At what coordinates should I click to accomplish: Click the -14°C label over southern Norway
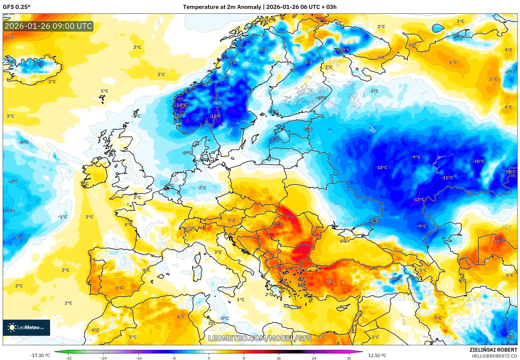pos(181,105)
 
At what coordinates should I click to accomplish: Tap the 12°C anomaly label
pos(278,224)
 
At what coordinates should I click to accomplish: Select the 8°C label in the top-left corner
pos(10,37)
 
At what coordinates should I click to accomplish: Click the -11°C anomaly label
pos(447,178)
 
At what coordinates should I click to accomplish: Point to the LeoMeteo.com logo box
pos(26,327)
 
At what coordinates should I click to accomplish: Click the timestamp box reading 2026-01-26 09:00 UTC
pos(48,26)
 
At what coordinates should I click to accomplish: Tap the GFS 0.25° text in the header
pos(16,7)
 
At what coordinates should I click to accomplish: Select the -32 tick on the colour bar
pos(68,358)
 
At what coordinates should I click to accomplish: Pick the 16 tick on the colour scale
pos(279,358)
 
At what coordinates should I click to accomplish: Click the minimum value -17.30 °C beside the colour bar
pos(40,355)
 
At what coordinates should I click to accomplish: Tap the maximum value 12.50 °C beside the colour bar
pos(377,355)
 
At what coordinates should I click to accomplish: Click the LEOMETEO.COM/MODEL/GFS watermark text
pos(260,338)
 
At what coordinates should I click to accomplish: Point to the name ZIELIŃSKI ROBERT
pos(493,350)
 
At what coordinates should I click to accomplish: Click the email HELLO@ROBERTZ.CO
pos(494,356)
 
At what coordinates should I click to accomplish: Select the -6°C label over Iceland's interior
pos(38,65)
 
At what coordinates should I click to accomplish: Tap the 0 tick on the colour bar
pos(209,358)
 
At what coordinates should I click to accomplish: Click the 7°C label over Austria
pos(231,221)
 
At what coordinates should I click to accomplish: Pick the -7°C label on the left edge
pos(10,211)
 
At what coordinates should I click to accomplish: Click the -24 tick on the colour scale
pos(103,358)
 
